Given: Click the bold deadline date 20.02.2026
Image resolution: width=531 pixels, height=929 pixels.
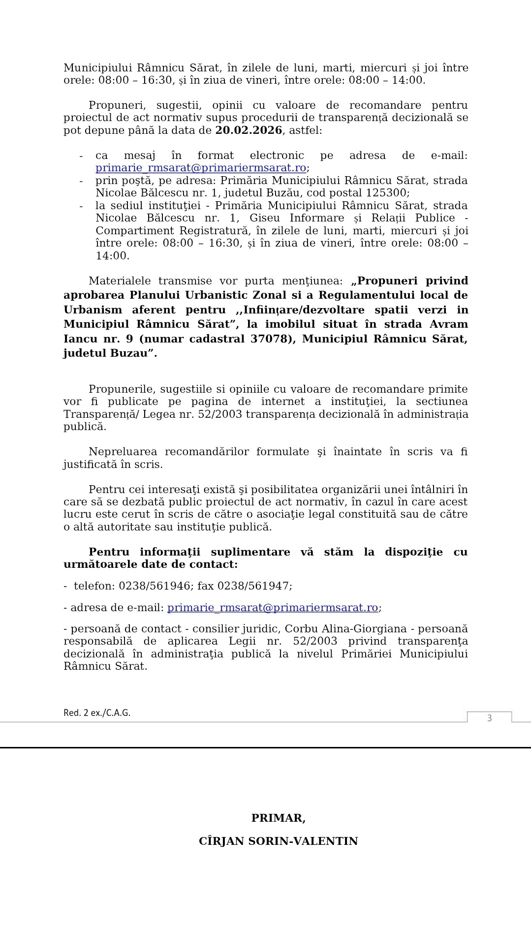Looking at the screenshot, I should pyautogui.click(x=249, y=130).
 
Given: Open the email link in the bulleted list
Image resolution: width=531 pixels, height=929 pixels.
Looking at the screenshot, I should pyautogui.click(x=201, y=168).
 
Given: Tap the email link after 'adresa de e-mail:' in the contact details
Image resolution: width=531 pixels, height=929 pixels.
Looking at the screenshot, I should pyautogui.click(x=273, y=608).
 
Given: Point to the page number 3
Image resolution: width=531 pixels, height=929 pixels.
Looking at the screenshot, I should pyautogui.click(x=489, y=718).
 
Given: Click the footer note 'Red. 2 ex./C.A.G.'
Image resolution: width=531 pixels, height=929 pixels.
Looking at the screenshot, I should pyautogui.click(x=97, y=713).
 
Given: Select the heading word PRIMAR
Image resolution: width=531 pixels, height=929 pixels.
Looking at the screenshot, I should pyautogui.click(x=278, y=818).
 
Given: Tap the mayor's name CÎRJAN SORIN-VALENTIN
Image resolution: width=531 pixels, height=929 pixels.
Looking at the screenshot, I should pyautogui.click(x=278, y=841).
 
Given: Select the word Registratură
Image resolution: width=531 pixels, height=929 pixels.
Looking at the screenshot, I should pyautogui.click(x=215, y=230).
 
